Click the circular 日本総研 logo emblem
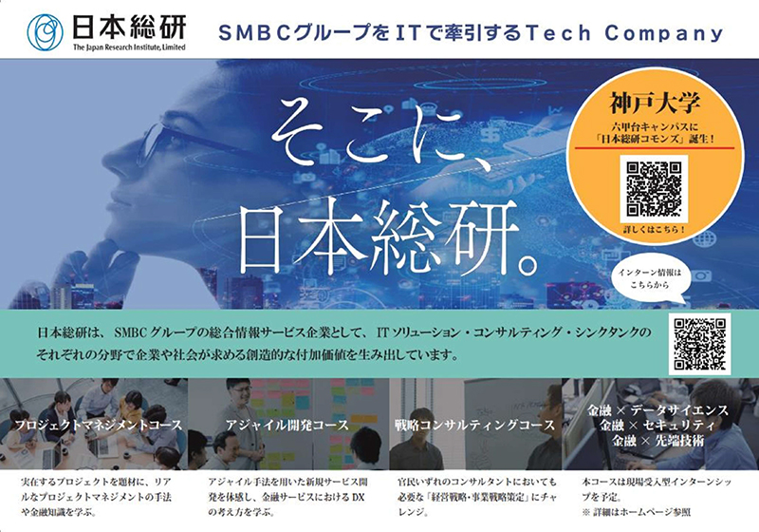point(45,32)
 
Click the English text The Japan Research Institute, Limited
point(129,47)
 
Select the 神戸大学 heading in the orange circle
point(655,103)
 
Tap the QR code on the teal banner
point(699,344)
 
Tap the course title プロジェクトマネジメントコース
point(99,425)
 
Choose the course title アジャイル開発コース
point(287,425)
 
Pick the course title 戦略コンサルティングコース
point(474,425)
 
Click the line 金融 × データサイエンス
point(657,410)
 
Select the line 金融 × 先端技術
point(657,441)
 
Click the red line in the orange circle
point(655,148)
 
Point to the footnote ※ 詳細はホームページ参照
point(636,512)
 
